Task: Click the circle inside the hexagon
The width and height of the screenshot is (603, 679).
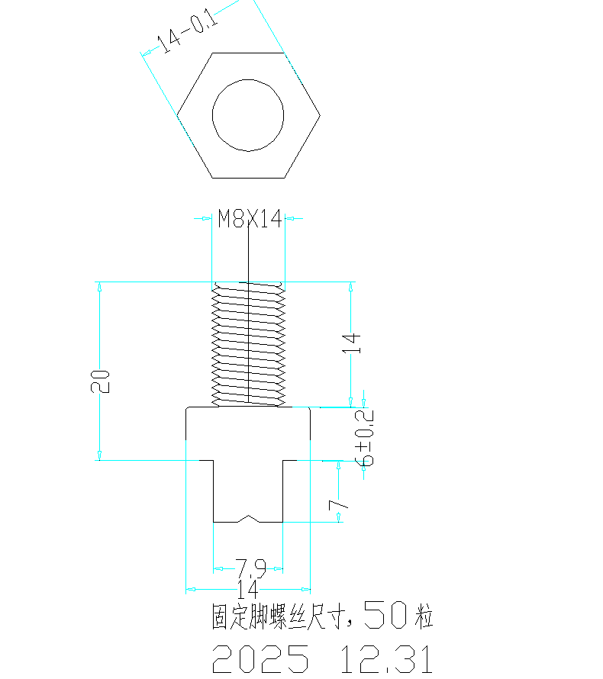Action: [248, 115]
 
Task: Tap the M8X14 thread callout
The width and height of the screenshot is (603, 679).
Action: [250, 220]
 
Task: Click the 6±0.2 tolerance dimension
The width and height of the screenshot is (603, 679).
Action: [366, 439]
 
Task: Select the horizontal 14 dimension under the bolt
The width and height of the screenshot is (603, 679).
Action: [247, 588]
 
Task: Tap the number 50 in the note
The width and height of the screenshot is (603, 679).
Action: [386, 614]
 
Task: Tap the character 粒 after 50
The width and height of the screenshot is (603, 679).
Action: [424, 616]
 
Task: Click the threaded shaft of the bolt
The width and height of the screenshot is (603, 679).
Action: [248, 343]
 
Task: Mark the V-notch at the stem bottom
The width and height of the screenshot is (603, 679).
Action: [248, 519]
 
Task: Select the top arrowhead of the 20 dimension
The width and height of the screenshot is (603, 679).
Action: [99, 286]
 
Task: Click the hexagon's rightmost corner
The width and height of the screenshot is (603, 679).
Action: [320, 116]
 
